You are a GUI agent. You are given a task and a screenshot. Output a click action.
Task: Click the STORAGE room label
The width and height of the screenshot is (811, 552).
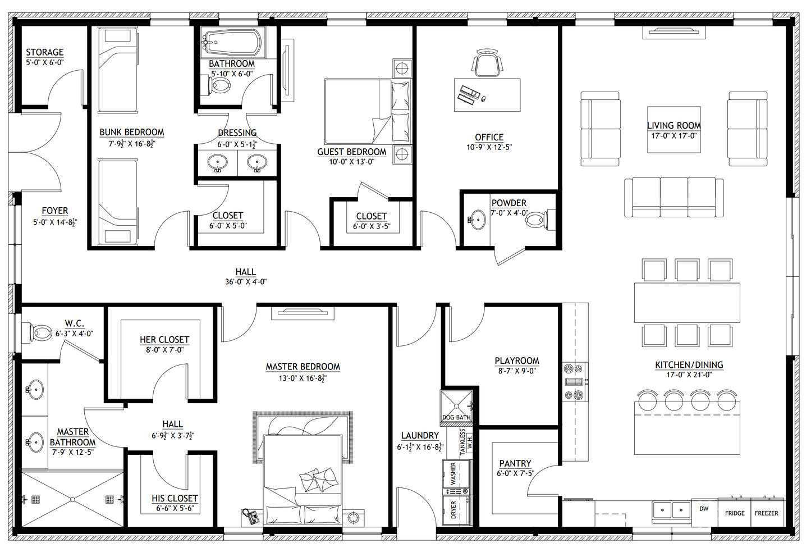(x=44, y=52)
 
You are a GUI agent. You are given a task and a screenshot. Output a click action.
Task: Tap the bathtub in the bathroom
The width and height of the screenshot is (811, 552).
(x=231, y=41)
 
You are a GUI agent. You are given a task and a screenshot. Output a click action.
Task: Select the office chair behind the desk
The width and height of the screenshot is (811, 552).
(x=487, y=63)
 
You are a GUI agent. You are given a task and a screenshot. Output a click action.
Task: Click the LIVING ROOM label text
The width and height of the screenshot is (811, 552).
(x=673, y=126)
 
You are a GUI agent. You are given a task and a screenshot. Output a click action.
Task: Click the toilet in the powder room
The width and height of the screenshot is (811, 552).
(x=537, y=220)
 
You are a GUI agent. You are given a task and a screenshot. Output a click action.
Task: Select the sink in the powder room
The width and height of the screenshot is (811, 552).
(x=478, y=220)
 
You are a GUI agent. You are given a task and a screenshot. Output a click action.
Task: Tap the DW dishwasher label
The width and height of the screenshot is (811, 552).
(x=704, y=509)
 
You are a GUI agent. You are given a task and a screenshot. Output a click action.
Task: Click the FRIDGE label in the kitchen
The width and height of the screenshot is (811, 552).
(x=735, y=513)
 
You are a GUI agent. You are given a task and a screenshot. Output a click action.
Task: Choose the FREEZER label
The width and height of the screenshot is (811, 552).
(x=767, y=513)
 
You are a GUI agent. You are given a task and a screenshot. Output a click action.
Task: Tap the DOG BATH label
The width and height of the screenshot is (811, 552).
(x=456, y=417)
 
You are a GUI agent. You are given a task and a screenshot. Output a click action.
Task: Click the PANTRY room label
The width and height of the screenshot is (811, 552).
(x=515, y=463)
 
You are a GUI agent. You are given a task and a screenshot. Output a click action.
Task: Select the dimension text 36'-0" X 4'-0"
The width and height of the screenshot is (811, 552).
(x=246, y=282)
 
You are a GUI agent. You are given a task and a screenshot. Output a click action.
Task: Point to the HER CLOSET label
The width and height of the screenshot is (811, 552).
(x=164, y=340)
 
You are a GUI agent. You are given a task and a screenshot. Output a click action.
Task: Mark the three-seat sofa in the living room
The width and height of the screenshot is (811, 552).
(x=673, y=197)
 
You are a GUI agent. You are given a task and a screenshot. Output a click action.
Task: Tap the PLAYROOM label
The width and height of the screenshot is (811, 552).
(x=516, y=361)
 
